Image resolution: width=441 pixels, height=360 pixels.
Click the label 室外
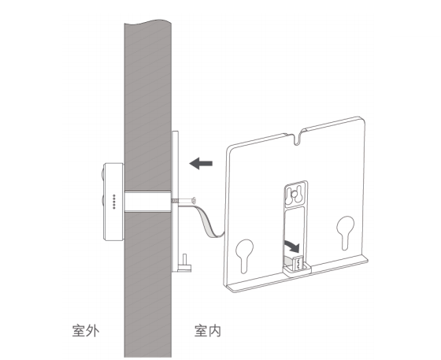(86, 331)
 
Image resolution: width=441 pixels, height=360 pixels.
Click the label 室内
(208, 331)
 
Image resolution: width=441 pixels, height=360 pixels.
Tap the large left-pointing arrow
(201, 163)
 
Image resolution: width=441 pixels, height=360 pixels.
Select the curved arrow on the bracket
(292, 246)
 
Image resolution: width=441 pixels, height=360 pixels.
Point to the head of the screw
(194, 201)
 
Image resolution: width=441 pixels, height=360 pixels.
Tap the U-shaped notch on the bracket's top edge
(297, 138)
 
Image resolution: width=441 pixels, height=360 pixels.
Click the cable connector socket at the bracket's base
(298, 265)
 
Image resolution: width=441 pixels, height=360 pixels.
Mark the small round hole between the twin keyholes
(295, 194)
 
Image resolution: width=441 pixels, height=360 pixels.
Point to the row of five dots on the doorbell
(114, 202)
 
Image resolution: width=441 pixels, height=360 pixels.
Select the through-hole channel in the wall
(148, 202)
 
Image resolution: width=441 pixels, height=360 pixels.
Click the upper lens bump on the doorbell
(102, 175)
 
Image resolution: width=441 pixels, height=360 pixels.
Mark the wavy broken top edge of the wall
(148, 21)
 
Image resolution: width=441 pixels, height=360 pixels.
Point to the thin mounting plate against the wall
(175, 202)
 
